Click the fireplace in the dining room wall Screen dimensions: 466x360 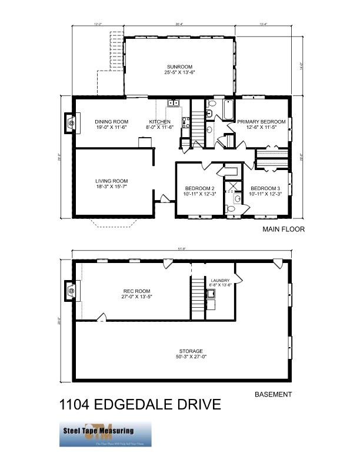click(70, 123)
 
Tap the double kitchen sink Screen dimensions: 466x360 click(174, 103)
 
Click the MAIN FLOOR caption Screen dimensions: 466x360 click(284, 229)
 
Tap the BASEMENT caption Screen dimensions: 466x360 click(272, 395)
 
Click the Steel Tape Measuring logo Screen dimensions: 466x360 click(105, 434)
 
